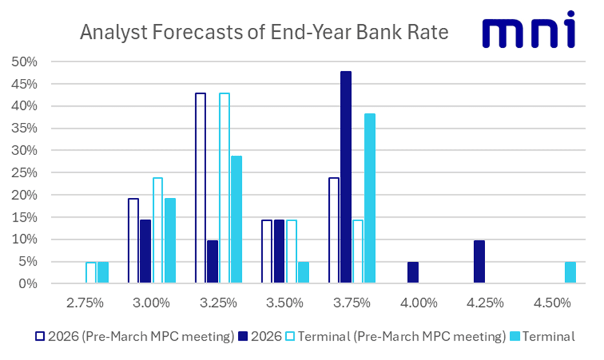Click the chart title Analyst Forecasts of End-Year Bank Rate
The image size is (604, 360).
pyautogui.click(x=264, y=32)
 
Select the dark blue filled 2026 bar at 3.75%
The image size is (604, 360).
pyautogui.click(x=346, y=177)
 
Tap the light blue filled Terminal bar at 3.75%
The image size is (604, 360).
pyautogui.click(x=369, y=198)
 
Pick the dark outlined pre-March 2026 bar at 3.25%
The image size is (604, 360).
pyautogui.click(x=200, y=188)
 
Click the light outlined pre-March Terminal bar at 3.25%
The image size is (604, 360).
pyautogui.click(x=224, y=188)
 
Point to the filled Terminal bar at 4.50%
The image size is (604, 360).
pyautogui.click(x=570, y=273)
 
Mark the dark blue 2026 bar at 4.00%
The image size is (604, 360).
pyautogui.click(x=413, y=273)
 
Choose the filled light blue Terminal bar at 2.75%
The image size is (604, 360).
pyautogui.click(x=103, y=273)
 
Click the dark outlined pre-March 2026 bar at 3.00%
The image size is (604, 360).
pyautogui.click(x=133, y=240)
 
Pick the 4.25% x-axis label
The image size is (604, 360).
pyautogui.click(x=484, y=303)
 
